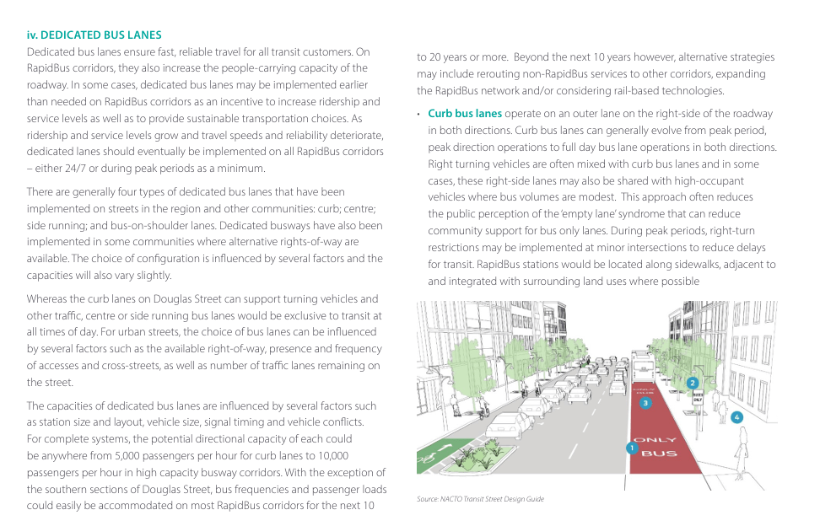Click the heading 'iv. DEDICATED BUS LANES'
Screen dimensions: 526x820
(x=94, y=35)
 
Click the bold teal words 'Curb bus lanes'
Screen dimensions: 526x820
(x=465, y=114)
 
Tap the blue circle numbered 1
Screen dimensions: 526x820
(x=630, y=448)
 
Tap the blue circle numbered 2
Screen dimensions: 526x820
(x=693, y=383)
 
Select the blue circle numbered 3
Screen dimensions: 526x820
(x=645, y=403)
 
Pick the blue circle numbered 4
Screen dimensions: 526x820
(x=736, y=417)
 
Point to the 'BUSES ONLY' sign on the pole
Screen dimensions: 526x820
(x=699, y=400)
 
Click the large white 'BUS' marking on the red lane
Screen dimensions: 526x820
(x=659, y=454)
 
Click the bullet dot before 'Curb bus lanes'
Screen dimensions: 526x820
(x=419, y=114)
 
